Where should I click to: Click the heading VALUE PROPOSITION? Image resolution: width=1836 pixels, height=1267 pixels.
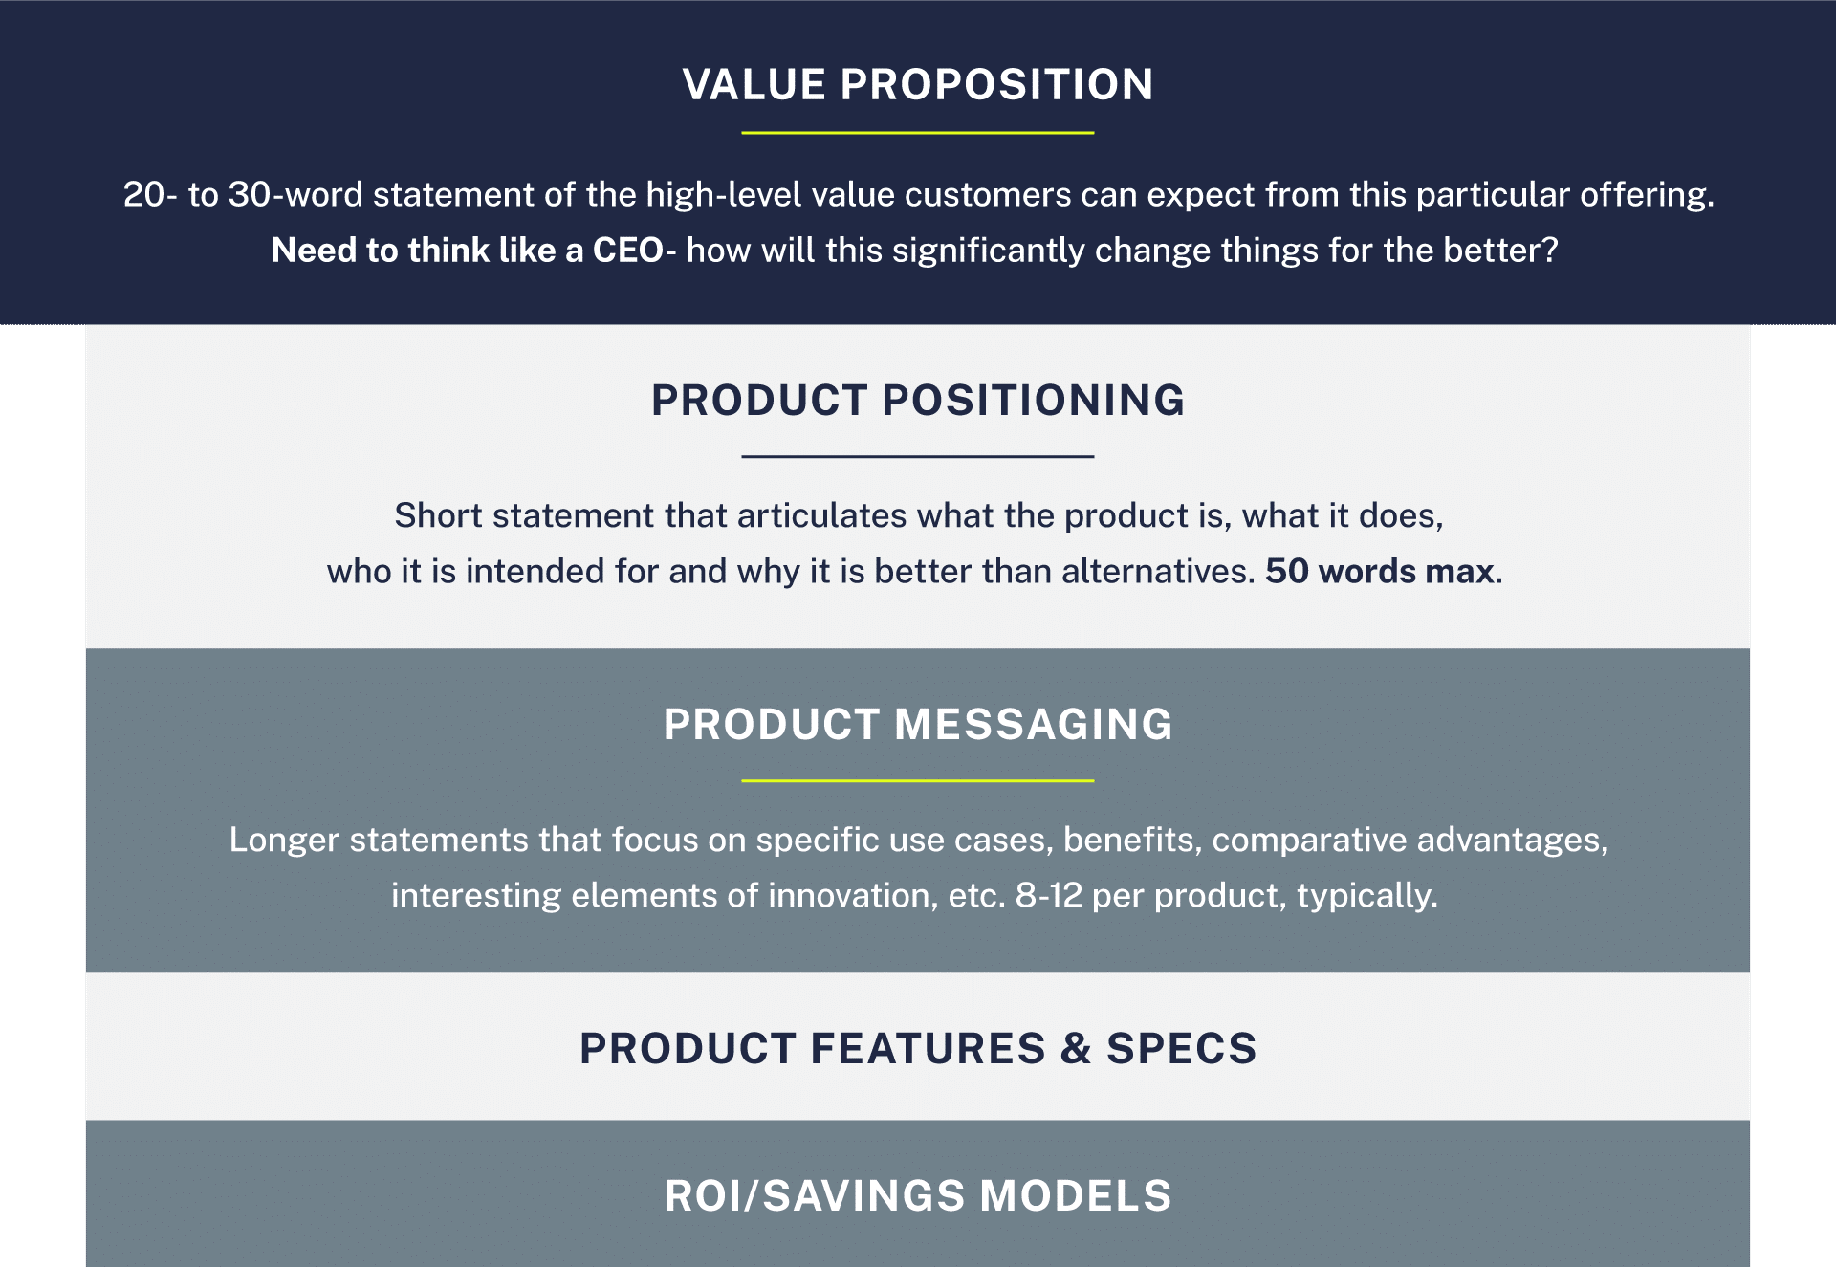point(918,84)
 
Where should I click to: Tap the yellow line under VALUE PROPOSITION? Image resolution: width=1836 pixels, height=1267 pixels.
point(918,133)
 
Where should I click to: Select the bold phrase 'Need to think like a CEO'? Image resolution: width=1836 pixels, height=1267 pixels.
point(467,251)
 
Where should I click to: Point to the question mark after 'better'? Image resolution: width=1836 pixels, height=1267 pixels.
point(1550,251)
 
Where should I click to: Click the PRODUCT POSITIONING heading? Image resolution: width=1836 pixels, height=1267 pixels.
point(918,400)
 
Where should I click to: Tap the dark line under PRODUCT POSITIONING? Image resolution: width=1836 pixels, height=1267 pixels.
point(918,457)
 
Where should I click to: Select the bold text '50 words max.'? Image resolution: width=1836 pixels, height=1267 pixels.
point(1384,572)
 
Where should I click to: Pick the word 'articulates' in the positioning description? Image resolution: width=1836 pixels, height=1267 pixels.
point(821,516)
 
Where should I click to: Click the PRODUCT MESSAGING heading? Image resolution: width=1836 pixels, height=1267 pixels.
point(918,724)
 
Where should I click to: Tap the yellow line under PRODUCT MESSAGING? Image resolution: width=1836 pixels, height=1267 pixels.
point(918,781)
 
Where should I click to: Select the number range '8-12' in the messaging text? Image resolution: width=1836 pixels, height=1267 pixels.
point(1048,896)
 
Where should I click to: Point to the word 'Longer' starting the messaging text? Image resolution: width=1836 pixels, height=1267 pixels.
point(284,841)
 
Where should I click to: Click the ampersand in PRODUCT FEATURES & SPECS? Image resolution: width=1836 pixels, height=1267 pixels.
point(1076,1048)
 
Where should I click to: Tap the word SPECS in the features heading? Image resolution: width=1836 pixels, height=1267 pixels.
point(1181,1048)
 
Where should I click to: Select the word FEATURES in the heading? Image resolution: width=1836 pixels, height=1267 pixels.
point(928,1048)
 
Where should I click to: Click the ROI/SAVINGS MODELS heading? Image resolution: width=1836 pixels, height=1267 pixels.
point(918,1195)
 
